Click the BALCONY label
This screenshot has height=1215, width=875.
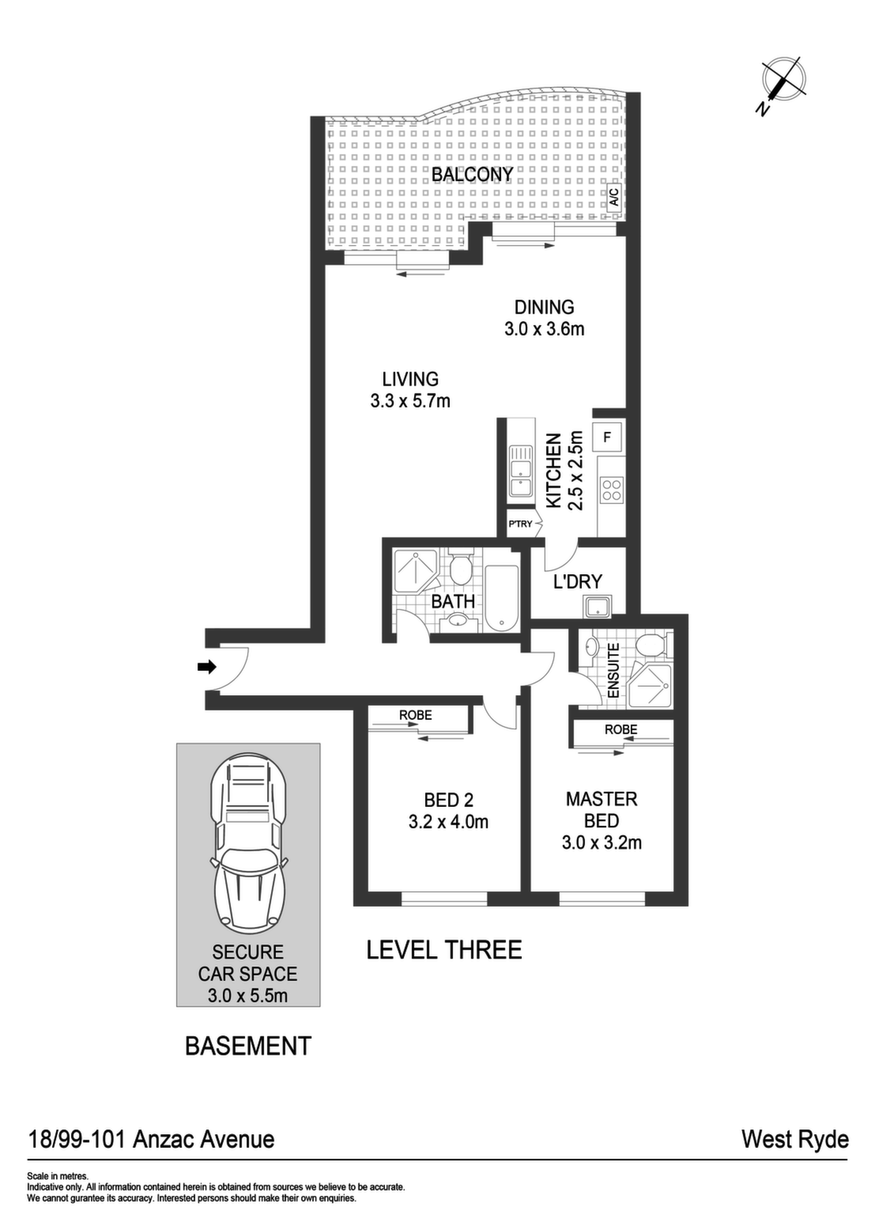(x=472, y=175)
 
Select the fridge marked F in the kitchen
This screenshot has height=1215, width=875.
(x=607, y=437)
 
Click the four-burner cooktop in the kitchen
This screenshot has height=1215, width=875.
(x=612, y=489)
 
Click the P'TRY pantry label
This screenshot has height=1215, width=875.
(x=520, y=524)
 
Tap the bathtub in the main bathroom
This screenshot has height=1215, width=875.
(x=501, y=598)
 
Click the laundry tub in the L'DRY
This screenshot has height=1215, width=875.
(x=598, y=607)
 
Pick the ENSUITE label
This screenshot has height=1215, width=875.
(x=613, y=671)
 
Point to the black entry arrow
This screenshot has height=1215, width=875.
(x=207, y=667)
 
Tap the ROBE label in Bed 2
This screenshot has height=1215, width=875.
(x=416, y=715)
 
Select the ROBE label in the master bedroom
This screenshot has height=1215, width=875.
(x=621, y=729)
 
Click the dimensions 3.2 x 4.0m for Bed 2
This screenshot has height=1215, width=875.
(x=448, y=822)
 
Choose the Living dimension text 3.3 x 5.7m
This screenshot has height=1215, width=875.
(x=410, y=401)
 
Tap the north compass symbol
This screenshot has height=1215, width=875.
(x=783, y=84)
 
